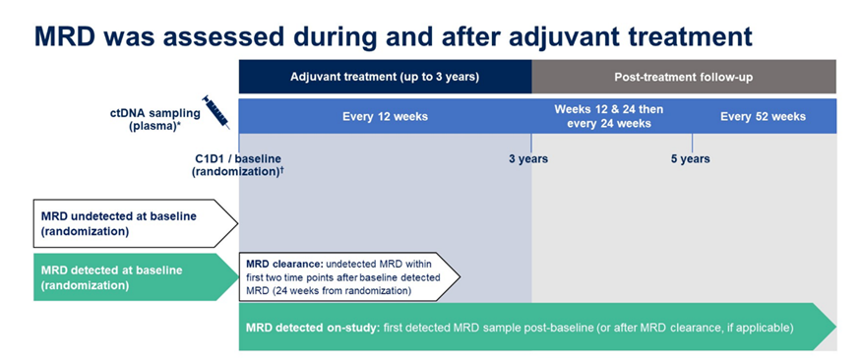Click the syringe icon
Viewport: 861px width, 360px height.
(216, 112)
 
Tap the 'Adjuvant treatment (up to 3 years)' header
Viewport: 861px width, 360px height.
(385, 77)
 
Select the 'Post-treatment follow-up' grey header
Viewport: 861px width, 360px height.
(684, 77)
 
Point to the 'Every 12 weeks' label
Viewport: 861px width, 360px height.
(385, 116)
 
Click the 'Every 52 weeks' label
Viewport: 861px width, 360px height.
(764, 116)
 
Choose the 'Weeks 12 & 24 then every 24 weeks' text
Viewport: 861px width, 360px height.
(608, 116)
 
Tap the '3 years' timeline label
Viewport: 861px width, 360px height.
(528, 159)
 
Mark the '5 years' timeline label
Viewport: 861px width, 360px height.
(690, 159)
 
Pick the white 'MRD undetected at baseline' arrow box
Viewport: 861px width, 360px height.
(136, 223)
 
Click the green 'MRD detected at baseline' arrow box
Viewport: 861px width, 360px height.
(136, 277)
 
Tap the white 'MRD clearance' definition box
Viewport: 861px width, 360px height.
(349, 277)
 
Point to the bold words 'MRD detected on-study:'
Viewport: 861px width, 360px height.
(312, 329)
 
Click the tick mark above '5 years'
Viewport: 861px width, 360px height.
(692, 143)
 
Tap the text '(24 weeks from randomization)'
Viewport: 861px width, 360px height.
(329, 291)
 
